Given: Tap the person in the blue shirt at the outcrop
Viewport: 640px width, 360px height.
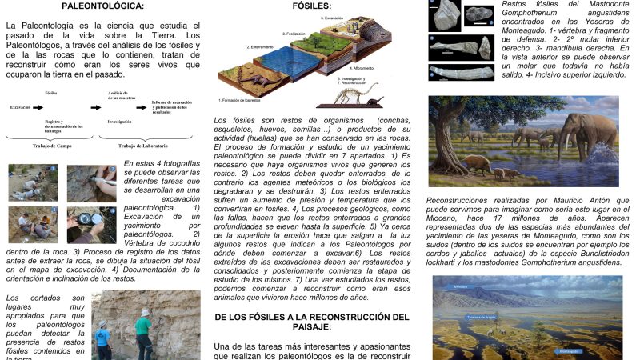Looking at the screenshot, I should click(103, 340).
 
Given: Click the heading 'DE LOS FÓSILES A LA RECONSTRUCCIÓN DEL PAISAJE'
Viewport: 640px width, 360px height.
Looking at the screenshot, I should click(312, 322).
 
